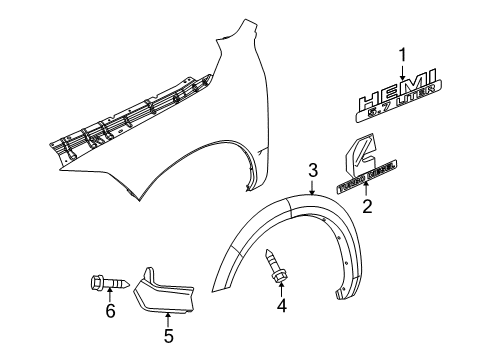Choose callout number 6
point(111,341)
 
